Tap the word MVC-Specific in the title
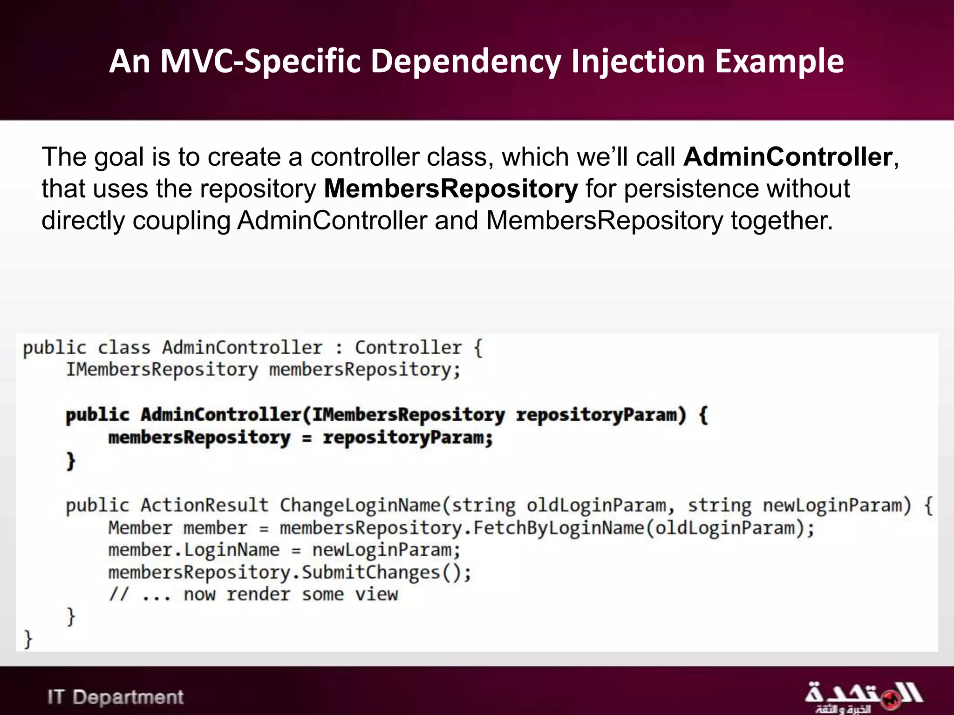(x=260, y=61)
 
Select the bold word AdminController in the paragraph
(x=788, y=157)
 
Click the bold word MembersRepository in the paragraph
(x=450, y=189)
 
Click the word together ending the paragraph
(x=781, y=220)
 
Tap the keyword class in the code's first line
(x=124, y=348)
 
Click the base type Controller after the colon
(x=408, y=348)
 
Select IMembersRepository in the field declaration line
(x=162, y=370)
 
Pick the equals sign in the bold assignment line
(x=307, y=438)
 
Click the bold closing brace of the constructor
(x=71, y=460)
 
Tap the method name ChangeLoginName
(x=360, y=506)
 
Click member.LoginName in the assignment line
(x=194, y=550)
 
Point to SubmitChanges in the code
(x=371, y=573)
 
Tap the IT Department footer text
(x=116, y=697)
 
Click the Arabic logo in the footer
(x=863, y=697)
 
